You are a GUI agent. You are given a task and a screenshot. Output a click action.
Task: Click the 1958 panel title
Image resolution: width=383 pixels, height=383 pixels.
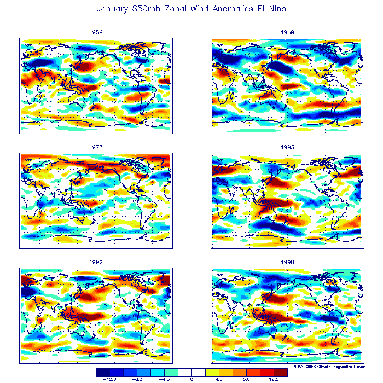click(x=96, y=32)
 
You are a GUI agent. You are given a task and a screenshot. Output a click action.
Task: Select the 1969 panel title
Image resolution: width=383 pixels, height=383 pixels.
click(x=287, y=32)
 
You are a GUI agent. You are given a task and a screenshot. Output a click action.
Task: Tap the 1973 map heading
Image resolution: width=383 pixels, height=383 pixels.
click(x=96, y=147)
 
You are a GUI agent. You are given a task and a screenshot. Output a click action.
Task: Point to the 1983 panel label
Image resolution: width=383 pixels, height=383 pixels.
click(x=287, y=147)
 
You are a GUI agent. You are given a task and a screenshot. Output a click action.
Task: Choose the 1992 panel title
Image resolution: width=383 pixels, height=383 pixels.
click(x=96, y=262)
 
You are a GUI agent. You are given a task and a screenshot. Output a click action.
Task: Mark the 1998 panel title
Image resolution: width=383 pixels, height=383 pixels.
click(x=287, y=262)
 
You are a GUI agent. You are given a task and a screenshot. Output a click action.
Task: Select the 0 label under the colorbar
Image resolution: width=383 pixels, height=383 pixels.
click(x=191, y=379)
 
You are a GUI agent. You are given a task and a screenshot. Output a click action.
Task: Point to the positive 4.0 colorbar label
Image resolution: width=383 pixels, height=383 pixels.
click(x=219, y=379)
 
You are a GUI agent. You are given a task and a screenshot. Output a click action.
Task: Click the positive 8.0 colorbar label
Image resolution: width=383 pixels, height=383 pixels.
click(x=246, y=379)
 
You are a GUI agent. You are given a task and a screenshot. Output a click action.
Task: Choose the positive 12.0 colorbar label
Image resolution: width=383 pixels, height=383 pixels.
click(x=274, y=379)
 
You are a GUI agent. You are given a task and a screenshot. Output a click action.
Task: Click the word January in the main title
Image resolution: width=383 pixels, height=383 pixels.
click(x=113, y=9)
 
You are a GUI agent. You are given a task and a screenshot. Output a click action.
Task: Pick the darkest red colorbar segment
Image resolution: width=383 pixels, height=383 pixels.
click(x=280, y=372)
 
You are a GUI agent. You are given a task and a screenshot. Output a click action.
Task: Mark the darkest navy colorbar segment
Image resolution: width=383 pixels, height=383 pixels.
click(x=102, y=372)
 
